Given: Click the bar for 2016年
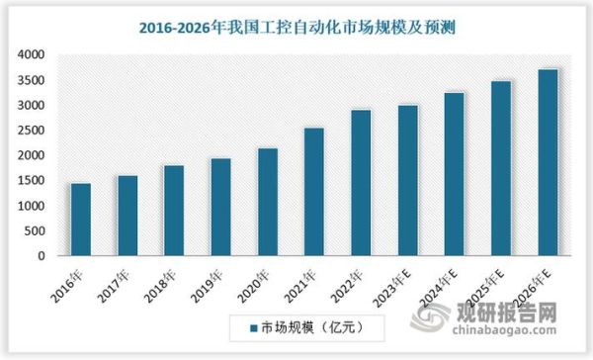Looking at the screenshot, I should coord(81,220).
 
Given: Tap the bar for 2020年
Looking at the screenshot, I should coord(267,202).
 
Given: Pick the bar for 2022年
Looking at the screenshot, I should coord(361,183).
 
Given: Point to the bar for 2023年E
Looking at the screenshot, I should coord(407,180).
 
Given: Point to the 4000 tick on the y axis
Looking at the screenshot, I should coord(31,54).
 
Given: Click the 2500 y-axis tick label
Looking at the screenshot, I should coord(31,131).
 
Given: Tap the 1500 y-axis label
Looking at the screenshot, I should coord(31,181).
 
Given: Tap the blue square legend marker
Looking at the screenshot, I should coord(251,324).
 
